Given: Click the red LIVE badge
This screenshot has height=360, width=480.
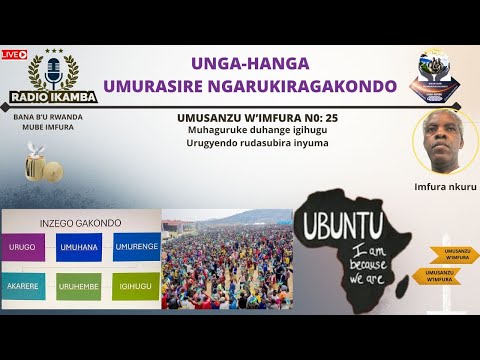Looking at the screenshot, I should pyautogui.click(x=14, y=54).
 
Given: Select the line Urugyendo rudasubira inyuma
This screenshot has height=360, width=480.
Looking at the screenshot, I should pyautogui.click(x=257, y=142).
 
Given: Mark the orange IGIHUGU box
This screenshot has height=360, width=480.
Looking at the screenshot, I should pyautogui.click(x=137, y=287).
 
